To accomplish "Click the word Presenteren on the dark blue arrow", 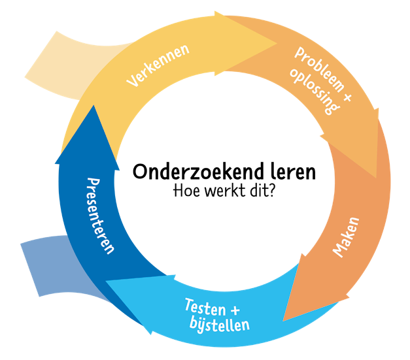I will pos(101,215).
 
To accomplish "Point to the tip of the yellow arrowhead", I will pos(277,41).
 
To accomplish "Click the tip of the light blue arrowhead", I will pos(107,282).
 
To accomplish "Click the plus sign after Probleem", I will pos(347,97).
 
